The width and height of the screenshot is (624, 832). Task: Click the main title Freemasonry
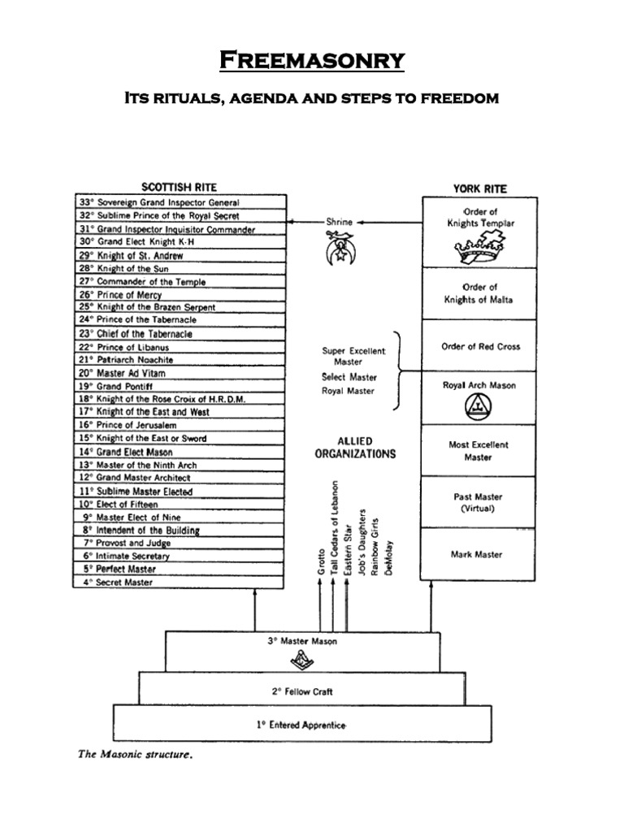(312, 61)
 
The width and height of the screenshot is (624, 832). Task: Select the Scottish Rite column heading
(180, 187)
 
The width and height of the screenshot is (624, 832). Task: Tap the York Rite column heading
(479, 188)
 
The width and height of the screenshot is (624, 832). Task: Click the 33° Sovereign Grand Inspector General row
(180, 202)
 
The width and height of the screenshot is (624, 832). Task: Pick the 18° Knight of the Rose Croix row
(180, 399)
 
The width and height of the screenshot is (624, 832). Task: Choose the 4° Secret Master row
(180, 582)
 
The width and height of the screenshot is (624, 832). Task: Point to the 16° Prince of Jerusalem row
(180, 425)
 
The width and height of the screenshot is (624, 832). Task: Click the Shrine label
(340, 221)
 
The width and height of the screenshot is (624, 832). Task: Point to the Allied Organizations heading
(355, 448)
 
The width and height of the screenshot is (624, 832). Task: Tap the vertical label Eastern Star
(348, 547)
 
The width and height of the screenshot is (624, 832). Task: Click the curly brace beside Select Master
(398, 371)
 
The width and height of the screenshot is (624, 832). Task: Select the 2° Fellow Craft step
(301, 691)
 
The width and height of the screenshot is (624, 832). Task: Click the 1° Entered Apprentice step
(301, 724)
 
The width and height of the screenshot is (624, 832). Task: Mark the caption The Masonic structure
(135, 754)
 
